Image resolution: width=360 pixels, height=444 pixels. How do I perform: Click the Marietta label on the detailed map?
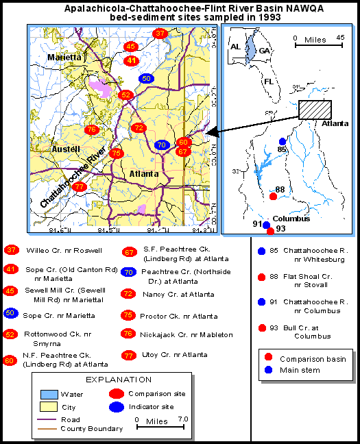(65, 58)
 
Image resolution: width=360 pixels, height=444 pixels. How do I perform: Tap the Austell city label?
(67, 148)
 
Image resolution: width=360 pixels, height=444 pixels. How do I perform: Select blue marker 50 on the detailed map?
(146, 79)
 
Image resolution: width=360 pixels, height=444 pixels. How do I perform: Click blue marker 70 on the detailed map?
(161, 145)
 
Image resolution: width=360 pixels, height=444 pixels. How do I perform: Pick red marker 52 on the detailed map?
(125, 95)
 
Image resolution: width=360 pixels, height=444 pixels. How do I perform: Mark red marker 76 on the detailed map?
(91, 129)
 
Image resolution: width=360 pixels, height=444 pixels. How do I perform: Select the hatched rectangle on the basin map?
(315, 110)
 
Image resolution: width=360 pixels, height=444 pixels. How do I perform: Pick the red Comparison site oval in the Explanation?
(118, 394)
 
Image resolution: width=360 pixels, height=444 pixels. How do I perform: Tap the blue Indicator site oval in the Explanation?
(118, 407)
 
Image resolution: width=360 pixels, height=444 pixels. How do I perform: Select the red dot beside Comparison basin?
(268, 358)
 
